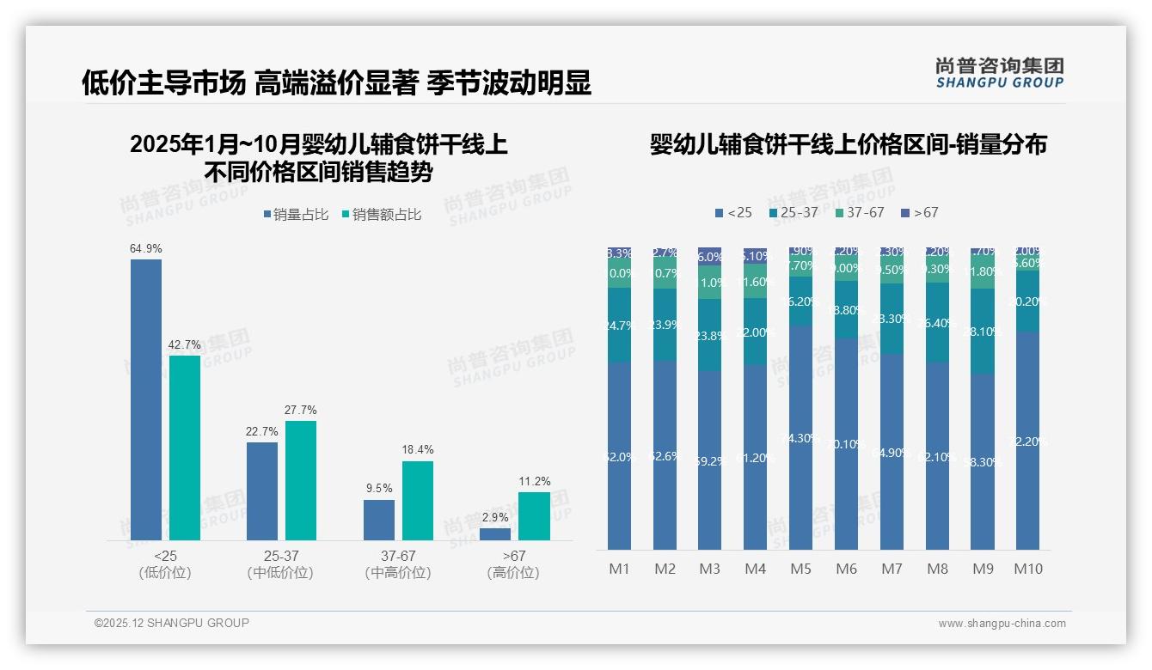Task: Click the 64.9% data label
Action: pyautogui.click(x=146, y=248)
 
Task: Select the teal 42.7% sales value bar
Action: pyautogui.click(x=185, y=448)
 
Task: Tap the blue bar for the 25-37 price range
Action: pyautogui.click(x=262, y=490)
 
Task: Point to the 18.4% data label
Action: pyautogui.click(x=418, y=449)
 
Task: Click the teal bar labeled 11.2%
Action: pyautogui.click(x=534, y=515)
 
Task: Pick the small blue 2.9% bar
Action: pyautogui.click(x=495, y=533)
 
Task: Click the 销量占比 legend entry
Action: pyautogui.click(x=295, y=215)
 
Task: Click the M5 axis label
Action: pyautogui.click(x=800, y=569)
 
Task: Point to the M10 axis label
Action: pyautogui.click(x=1028, y=569)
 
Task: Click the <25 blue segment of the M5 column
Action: pyautogui.click(x=800, y=437)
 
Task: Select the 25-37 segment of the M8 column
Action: pyautogui.click(x=937, y=322)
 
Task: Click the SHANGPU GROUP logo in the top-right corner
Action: pyautogui.click(x=1000, y=73)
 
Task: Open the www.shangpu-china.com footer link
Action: pyautogui.click(x=1002, y=624)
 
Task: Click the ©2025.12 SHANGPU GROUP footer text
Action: pyautogui.click(x=172, y=623)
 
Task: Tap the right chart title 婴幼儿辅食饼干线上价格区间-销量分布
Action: pyautogui.click(x=848, y=144)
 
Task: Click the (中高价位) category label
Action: pyautogui.click(x=398, y=573)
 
